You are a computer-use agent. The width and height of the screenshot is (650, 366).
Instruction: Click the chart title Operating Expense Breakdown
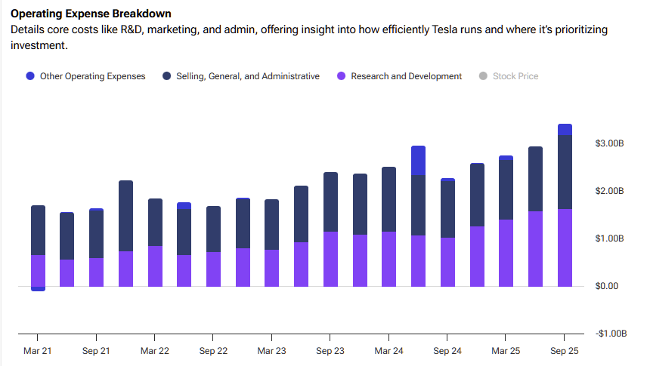tap(90, 14)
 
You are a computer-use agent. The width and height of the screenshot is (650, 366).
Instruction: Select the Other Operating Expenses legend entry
tap(85, 76)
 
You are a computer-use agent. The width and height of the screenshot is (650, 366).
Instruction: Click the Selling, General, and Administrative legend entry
tap(241, 76)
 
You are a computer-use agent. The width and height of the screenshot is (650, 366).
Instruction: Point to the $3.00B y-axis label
tap(609, 143)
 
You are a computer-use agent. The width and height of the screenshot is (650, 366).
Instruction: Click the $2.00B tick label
tap(609, 191)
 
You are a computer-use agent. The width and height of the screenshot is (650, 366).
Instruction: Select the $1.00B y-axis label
tap(609, 238)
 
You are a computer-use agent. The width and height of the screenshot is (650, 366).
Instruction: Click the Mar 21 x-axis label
tap(38, 351)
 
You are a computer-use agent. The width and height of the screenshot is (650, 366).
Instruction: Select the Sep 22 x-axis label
tap(213, 351)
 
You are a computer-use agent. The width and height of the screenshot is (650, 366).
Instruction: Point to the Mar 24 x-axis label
tap(388, 351)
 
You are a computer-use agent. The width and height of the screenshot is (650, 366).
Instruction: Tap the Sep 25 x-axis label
tap(564, 351)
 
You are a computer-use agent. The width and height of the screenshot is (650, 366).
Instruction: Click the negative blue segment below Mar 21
tap(38, 288)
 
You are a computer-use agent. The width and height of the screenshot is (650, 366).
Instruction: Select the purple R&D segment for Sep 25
tap(564, 248)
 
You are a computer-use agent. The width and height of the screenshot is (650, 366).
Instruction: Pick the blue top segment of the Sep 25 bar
tap(564, 130)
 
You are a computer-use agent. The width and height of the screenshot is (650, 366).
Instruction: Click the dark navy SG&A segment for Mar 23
tap(271, 225)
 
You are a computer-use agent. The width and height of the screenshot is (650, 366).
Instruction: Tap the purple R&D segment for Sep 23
tap(330, 259)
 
